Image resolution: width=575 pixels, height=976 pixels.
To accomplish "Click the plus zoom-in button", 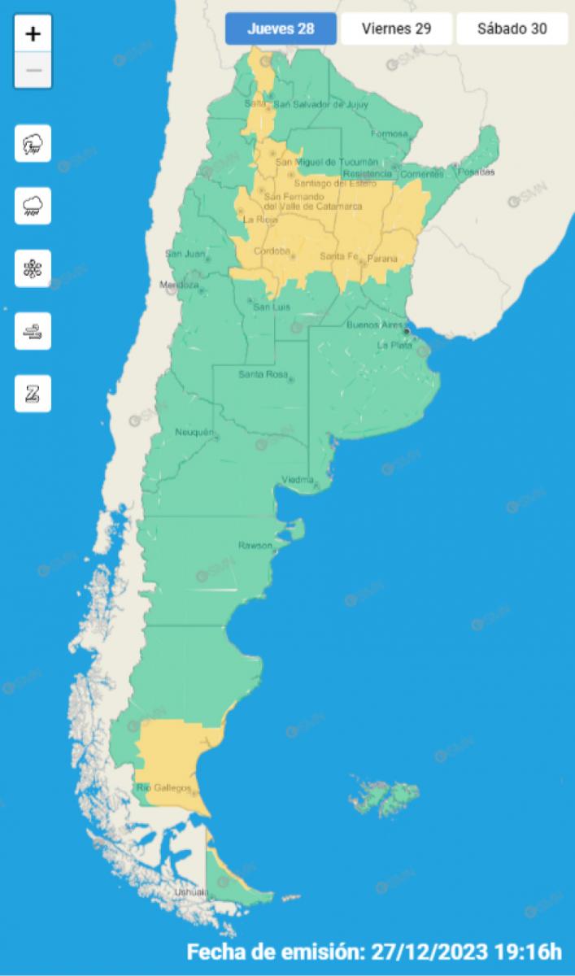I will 33,34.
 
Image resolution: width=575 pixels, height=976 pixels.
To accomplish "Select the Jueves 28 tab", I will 281,29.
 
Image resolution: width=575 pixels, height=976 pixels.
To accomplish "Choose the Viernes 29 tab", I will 396,29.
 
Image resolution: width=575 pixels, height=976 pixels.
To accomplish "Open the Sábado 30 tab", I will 512,29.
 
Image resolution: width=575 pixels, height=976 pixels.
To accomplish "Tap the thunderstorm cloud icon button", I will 33,144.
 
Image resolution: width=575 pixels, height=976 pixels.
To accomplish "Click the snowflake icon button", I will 33,268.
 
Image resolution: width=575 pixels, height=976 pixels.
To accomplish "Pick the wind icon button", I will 33,331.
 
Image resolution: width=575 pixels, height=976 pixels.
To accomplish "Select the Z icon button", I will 33,394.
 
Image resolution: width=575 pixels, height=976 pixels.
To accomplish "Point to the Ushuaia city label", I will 190,893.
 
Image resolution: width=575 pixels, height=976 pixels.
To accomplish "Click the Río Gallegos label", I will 163,787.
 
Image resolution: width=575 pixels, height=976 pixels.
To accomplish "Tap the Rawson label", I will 254,545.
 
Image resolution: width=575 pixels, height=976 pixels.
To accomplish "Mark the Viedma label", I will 297,479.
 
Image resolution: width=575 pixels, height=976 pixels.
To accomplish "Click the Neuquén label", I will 194,432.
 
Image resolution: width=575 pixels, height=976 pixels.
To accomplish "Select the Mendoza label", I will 179,285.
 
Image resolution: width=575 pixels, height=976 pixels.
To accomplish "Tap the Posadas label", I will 476,172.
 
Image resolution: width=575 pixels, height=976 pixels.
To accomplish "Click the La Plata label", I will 394,346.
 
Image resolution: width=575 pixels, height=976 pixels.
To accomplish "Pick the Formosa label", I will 388,133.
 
